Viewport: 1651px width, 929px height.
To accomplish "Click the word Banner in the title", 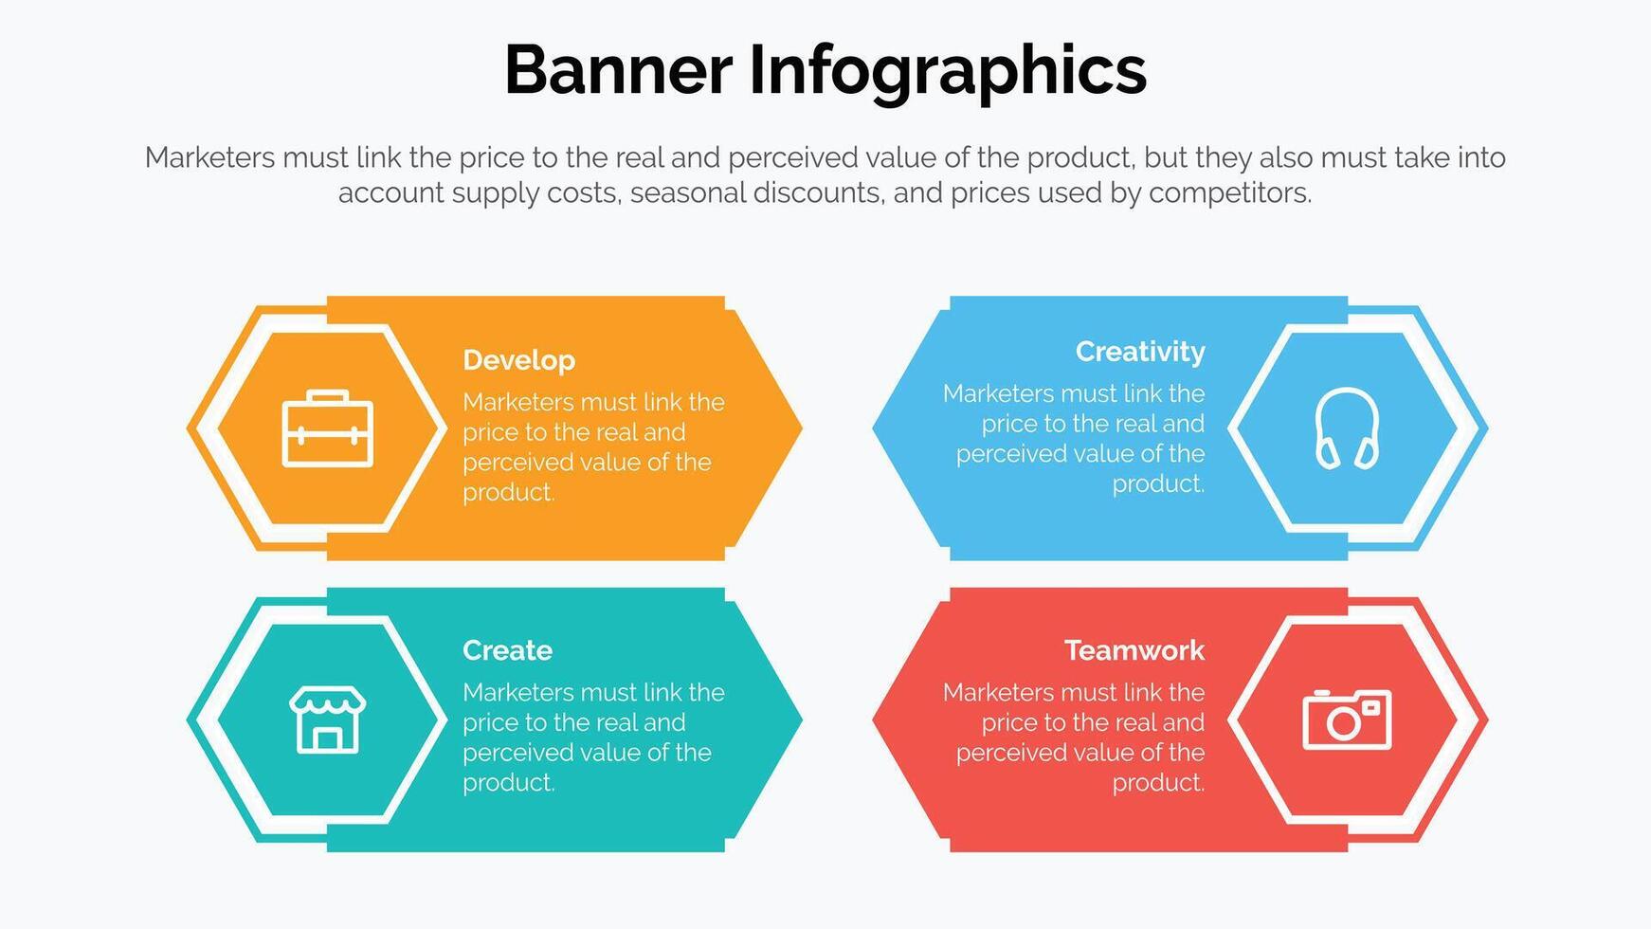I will coord(618,70).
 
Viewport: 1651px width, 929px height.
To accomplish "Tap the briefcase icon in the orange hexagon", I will coord(328,428).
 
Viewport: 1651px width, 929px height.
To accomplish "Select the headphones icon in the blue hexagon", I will coord(1347,428).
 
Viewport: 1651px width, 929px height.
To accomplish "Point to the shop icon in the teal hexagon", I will coord(328,720).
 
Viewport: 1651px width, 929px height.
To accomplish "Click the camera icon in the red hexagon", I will coord(1347,720).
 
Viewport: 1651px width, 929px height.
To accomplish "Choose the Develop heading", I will coord(518,360).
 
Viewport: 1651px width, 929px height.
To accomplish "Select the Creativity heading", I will coord(1140,352).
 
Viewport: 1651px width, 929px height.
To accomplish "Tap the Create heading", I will coord(507,650).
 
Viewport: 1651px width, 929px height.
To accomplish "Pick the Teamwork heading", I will coord(1134,650).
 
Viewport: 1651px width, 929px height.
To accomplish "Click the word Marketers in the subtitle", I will coord(209,157).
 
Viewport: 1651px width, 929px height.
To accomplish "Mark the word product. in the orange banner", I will coord(508,493).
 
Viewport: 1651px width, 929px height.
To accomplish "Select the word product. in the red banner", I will coord(1158,783).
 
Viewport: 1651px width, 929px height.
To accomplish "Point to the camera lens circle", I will coord(1342,724).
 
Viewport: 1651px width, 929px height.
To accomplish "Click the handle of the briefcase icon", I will coord(328,396).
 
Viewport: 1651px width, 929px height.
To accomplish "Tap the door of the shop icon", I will coord(328,738).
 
